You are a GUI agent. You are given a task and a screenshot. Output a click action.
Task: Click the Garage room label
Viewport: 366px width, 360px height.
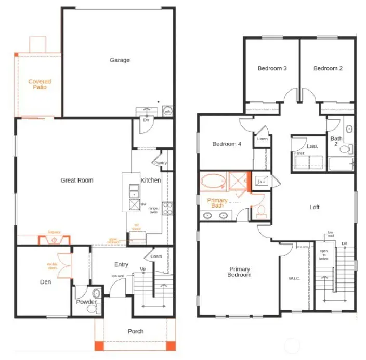(x=120, y=60)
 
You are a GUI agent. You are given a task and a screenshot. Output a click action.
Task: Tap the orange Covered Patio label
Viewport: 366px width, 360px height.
(x=40, y=84)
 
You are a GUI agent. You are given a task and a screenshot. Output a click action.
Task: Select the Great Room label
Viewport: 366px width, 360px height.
(x=77, y=181)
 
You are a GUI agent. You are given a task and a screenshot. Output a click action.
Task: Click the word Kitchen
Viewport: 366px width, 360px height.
(x=151, y=181)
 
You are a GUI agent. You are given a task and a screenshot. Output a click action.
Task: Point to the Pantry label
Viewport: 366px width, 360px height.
(x=161, y=163)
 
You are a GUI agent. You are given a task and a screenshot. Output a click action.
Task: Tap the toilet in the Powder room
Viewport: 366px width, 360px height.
(x=93, y=309)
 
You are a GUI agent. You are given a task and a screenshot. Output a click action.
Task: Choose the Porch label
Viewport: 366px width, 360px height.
(x=136, y=331)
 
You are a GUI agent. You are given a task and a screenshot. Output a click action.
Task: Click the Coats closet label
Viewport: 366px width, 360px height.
(x=156, y=256)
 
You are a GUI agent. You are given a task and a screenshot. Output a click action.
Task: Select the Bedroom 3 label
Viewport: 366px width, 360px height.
(x=272, y=68)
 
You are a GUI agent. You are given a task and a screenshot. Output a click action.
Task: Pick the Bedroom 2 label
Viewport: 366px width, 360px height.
(x=328, y=68)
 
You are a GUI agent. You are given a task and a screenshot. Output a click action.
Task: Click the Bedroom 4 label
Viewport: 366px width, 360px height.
(x=227, y=144)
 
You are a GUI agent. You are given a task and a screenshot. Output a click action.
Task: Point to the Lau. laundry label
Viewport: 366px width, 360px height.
(x=312, y=146)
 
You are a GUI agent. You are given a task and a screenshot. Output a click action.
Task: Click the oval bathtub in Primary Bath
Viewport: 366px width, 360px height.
(x=213, y=183)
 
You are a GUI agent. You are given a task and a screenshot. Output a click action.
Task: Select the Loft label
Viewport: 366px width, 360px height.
(x=315, y=207)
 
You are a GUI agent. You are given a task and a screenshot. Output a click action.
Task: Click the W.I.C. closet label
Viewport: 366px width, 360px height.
(x=294, y=278)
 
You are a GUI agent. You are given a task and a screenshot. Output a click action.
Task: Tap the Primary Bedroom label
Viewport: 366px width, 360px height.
(x=240, y=272)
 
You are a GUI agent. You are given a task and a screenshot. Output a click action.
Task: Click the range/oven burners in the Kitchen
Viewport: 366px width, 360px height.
(x=167, y=209)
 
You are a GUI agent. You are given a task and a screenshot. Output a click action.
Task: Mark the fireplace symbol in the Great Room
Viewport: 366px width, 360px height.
(x=54, y=240)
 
